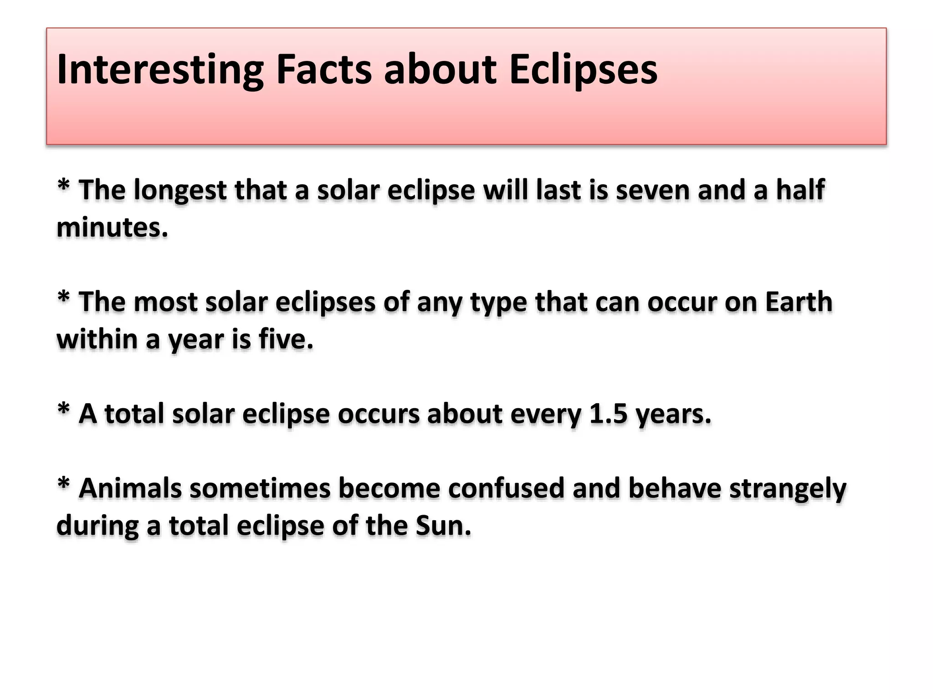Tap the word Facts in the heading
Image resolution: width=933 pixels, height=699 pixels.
pos(324,70)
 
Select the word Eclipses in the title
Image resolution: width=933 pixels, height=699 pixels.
pos(583,70)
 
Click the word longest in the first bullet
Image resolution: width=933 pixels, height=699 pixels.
pos(180,190)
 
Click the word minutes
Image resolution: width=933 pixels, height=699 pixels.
pos(112,228)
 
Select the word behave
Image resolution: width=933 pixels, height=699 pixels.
pos(675,489)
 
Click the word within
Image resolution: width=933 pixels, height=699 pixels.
pos(97,339)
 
